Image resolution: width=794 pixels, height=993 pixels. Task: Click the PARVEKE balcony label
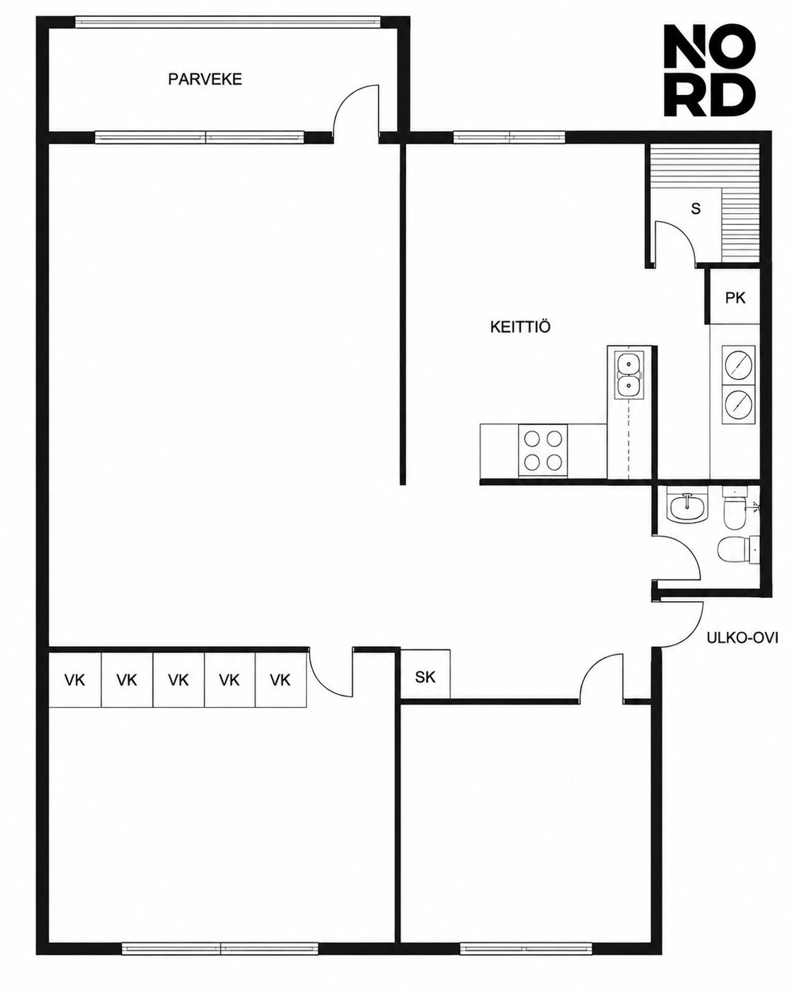pos(205,79)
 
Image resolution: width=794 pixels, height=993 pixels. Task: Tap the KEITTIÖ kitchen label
pos(520,327)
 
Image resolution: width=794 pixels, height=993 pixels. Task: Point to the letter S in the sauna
pos(696,209)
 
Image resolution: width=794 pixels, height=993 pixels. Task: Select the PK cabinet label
pos(735,298)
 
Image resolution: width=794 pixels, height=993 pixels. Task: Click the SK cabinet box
pos(425,677)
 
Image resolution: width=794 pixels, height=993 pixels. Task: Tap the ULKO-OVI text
pos(742,638)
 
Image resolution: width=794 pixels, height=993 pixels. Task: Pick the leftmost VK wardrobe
pos(75,680)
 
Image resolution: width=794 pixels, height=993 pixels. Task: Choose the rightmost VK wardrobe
pos(280,680)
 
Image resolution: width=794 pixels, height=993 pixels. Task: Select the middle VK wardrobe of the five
pos(178,680)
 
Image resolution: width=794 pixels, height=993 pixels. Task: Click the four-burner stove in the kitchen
pos(543,450)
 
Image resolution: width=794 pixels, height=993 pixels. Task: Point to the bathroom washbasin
pos(686,507)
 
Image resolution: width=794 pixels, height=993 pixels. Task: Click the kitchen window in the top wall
pos(509,137)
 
